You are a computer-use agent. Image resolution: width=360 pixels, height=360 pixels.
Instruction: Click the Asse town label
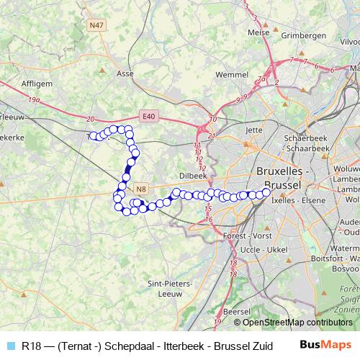pyautogui.click(x=125, y=73)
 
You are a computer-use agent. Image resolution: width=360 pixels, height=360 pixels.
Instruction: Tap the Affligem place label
pyautogui.click(x=37, y=83)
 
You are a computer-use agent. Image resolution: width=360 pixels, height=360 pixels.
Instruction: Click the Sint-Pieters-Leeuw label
pyautogui.click(x=168, y=288)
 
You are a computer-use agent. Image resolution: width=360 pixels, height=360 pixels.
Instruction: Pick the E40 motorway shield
pyautogui.click(x=148, y=115)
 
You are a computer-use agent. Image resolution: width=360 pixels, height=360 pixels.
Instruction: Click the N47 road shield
pyautogui.click(x=96, y=25)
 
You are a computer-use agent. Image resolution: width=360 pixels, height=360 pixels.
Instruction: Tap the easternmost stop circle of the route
pyautogui.click(x=266, y=192)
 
